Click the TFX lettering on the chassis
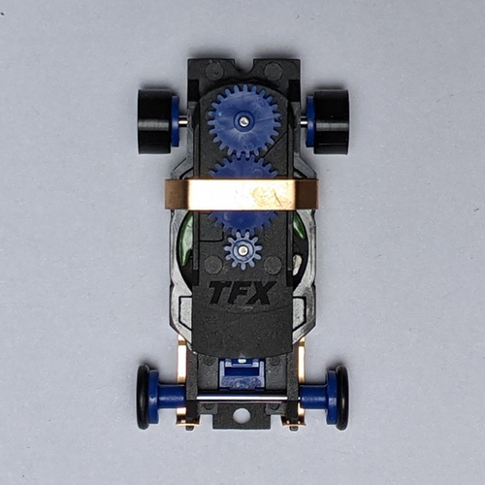coord(242,293)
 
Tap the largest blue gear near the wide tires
coord(243,120)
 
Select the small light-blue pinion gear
coord(242,250)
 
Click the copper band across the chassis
coord(242,195)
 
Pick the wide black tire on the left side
coord(155,121)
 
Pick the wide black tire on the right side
coord(332,121)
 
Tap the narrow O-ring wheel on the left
coord(143,397)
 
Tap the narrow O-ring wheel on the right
coord(342,398)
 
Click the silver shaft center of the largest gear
coord(243,120)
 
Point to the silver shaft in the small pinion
coord(242,250)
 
